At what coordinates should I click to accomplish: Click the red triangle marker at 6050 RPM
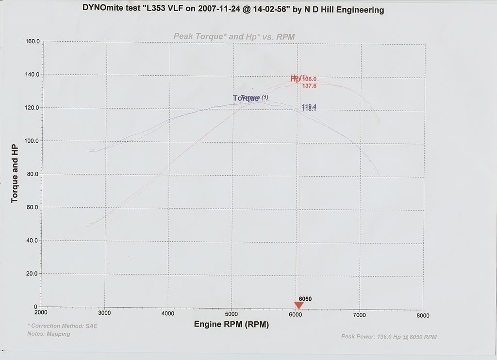pos(299,305)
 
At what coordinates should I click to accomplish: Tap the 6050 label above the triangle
pos(305,299)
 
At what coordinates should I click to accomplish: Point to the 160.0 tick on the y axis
pos(33,42)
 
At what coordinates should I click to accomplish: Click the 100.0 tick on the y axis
pos(33,141)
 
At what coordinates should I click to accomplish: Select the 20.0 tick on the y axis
pos(33,273)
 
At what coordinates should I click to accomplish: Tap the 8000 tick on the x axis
pos(423,315)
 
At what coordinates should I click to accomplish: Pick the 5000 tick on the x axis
pos(232,314)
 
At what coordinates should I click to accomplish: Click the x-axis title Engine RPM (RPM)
pos(231,324)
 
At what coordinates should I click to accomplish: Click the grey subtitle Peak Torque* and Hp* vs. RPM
pos(234,36)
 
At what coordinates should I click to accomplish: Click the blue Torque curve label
pos(246,98)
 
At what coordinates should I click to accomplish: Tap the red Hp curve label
pos(296,78)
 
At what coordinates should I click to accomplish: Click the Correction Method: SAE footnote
pos(63,326)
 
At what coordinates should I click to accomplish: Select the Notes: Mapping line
pos(49,334)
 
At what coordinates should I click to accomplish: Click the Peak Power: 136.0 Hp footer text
pos(389,336)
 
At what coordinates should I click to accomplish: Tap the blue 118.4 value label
pos(309,107)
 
